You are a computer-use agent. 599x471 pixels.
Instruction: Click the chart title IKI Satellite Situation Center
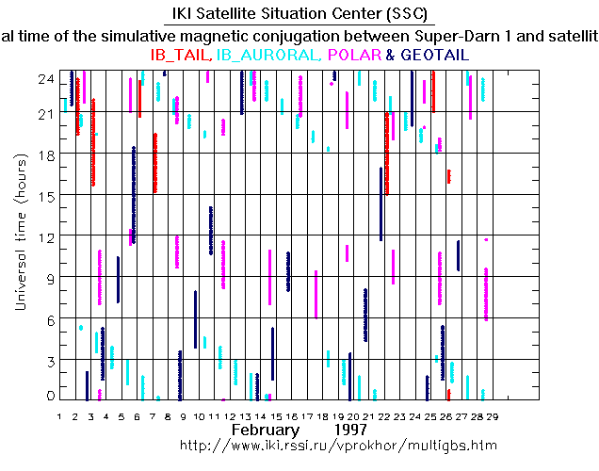coord(299,15)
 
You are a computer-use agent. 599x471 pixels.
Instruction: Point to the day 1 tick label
coord(60,415)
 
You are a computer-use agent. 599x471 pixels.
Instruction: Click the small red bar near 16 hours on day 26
coord(448,176)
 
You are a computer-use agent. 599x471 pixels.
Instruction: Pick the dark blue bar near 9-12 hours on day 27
coord(458,255)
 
